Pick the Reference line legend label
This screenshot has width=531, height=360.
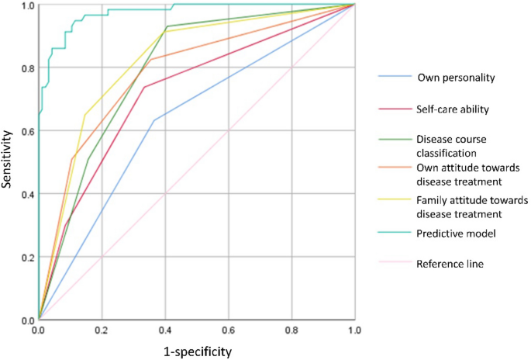tap(450, 264)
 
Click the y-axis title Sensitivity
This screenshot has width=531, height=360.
tap(9, 161)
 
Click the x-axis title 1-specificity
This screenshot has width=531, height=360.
tap(197, 350)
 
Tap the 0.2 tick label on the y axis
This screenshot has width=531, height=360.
tap(27, 257)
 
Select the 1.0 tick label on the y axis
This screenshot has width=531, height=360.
tap(27, 5)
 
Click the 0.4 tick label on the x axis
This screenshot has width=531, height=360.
tap(165, 329)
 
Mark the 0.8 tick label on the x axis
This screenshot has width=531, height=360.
tap(291, 329)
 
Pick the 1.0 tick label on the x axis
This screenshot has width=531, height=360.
tap(354, 329)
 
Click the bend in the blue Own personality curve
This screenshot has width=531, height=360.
tap(153, 120)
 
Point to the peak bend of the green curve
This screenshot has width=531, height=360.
tap(166, 26)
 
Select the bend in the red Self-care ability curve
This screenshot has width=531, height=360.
tap(144, 87)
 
